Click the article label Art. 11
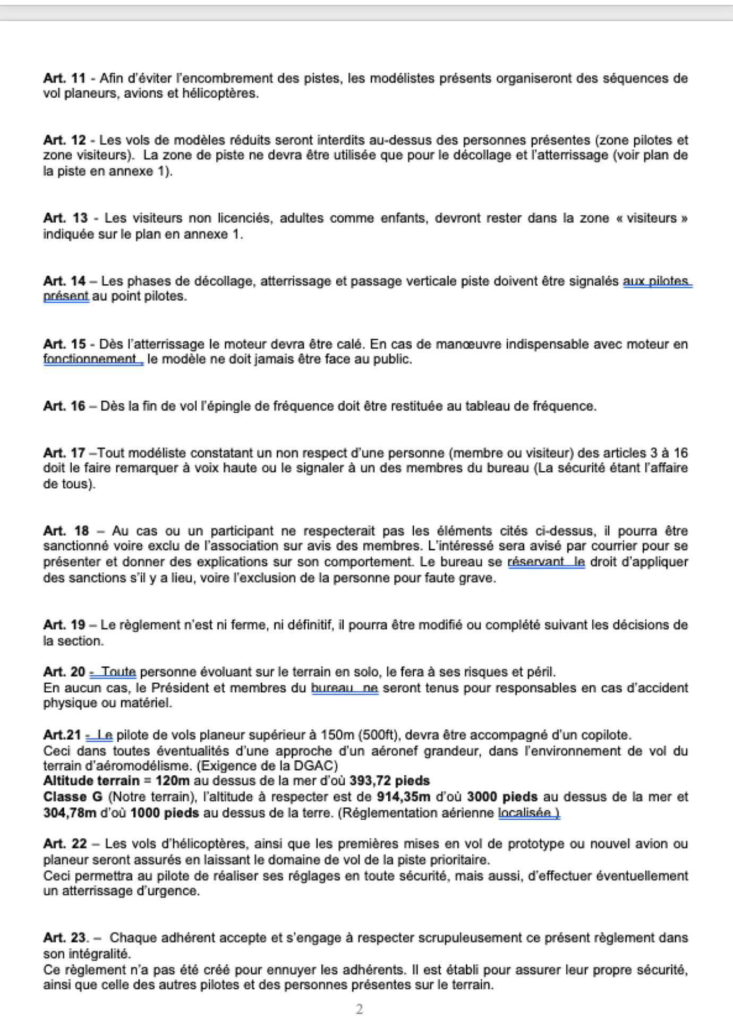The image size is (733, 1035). (64, 79)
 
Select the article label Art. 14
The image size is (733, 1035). (64, 281)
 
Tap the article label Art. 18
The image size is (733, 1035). (66, 531)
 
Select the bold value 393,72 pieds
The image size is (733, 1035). (389, 781)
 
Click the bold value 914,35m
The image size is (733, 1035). (404, 797)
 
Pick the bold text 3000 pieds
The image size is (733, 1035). (502, 797)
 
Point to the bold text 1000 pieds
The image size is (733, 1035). (165, 813)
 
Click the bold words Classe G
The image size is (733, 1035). (73, 797)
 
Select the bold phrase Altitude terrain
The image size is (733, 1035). (91, 781)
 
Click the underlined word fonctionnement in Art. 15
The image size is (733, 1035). (90, 360)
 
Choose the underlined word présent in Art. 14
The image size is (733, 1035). (66, 296)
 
